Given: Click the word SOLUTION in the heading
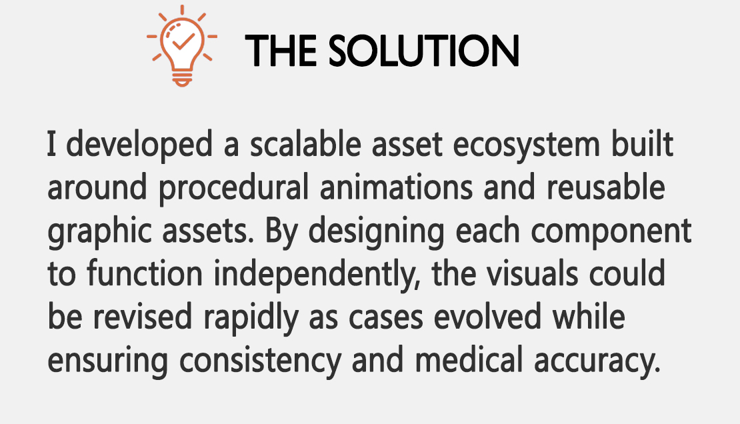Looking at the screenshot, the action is click(x=424, y=51).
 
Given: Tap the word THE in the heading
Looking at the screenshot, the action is click(x=281, y=51).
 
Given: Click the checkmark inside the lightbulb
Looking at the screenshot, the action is click(x=183, y=41).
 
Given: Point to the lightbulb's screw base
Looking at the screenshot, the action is click(x=182, y=79).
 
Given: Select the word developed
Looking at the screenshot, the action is click(x=139, y=145).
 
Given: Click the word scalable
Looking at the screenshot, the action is click(x=305, y=144).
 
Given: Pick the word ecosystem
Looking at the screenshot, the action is click(x=526, y=145).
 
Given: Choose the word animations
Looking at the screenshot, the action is click(x=396, y=187).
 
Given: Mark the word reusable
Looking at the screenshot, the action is click(x=605, y=187).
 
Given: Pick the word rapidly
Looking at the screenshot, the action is click(x=251, y=318).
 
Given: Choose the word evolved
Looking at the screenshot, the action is click(x=487, y=317).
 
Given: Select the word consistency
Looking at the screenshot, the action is click(x=260, y=361).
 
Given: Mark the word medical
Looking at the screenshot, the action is click(x=469, y=360).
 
